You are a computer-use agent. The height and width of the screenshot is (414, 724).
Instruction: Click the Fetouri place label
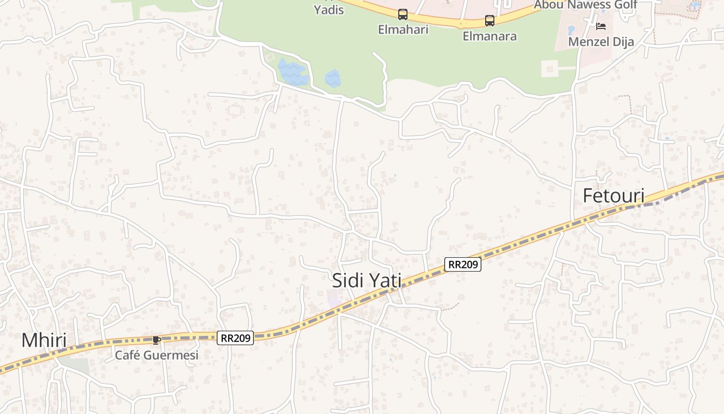click(x=613, y=196)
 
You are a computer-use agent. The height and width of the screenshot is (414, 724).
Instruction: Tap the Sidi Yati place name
click(x=366, y=280)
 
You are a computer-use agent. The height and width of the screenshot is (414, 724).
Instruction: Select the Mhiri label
click(x=44, y=341)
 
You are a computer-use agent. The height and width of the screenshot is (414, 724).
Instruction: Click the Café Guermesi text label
click(x=156, y=355)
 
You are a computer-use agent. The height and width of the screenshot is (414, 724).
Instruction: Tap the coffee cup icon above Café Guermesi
click(x=156, y=340)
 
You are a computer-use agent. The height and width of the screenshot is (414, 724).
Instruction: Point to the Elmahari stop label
click(x=403, y=29)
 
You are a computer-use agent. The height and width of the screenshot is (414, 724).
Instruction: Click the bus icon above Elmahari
click(x=402, y=14)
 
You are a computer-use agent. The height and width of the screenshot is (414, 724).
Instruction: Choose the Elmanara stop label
click(x=489, y=36)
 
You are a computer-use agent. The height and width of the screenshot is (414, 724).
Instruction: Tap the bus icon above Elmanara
click(x=489, y=21)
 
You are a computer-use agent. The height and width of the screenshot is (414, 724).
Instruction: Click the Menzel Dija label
click(x=601, y=42)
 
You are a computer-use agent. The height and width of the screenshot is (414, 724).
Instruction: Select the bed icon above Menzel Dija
click(x=600, y=26)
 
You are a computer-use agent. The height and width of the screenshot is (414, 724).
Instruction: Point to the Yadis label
click(x=329, y=10)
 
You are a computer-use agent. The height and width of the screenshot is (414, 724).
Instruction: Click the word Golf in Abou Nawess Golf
click(x=620, y=5)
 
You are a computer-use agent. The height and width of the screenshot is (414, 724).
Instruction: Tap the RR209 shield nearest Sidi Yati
click(x=463, y=264)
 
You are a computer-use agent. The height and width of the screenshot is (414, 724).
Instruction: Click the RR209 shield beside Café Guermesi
click(x=235, y=338)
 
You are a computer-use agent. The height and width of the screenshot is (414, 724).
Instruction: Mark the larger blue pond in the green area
click(x=293, y=72)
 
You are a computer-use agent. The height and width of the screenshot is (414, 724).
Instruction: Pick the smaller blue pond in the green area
click(x=333, y=79)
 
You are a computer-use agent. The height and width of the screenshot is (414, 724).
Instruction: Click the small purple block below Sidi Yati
click(x=334, y=298)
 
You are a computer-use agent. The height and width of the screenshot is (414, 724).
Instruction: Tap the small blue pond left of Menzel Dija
click(x=571, y=30)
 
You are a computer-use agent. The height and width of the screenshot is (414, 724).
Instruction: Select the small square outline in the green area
click(x=550, y=68)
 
